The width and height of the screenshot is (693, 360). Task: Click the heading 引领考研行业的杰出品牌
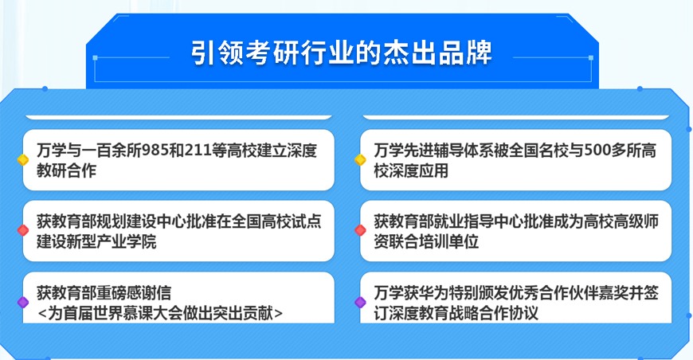click(341, 53)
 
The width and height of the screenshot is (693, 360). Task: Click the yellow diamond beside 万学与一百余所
click(23, 160)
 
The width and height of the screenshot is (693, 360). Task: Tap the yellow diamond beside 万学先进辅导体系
click(360, 160)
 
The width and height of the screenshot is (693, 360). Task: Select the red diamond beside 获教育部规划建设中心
click(23, 230)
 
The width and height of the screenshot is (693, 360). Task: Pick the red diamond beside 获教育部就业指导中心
click(360, 230)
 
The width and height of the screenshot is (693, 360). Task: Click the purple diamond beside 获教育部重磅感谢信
click(23, 302)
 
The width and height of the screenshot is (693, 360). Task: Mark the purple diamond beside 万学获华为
click(360, 302)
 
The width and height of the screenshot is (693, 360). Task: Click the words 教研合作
click(66, 170)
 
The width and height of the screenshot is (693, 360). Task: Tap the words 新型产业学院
click(112, 241)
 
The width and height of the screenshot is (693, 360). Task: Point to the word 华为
click(419, 293)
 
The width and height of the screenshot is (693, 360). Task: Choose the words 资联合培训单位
click(426, 241)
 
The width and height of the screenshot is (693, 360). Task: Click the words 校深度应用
click(411, 170)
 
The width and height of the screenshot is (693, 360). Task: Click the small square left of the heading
click(95, 58)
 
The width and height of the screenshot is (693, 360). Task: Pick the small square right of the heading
click(591, 58)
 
